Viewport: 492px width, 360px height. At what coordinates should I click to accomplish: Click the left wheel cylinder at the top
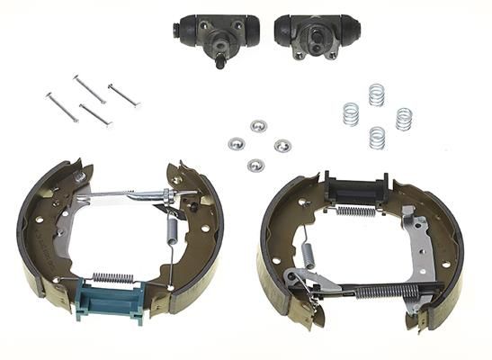216,32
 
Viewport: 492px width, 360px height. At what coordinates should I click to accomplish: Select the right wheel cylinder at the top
308,34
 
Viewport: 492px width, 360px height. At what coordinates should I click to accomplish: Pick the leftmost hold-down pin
62,107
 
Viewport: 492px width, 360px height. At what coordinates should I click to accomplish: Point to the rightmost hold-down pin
123,95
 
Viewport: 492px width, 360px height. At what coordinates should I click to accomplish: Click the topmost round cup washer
258,125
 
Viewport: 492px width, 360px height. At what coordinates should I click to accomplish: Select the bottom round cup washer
255,165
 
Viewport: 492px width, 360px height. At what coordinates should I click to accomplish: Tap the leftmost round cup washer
237,143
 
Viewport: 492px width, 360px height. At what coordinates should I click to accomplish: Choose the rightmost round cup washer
282,146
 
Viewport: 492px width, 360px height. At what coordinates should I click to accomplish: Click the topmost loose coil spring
376,94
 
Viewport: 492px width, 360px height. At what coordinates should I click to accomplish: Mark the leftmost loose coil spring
351,114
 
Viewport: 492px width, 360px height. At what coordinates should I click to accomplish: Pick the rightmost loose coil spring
404,118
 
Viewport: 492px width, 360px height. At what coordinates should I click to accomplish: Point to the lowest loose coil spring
377,138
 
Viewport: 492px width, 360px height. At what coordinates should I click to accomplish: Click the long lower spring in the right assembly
381,291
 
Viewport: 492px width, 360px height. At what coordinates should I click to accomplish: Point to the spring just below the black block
356,211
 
